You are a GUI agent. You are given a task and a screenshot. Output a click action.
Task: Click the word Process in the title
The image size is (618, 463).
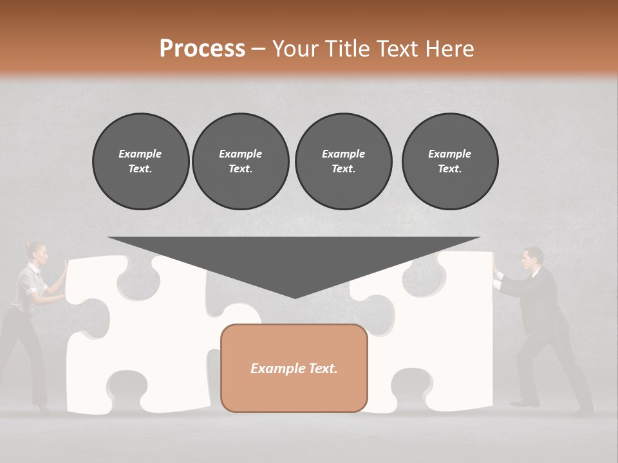202,49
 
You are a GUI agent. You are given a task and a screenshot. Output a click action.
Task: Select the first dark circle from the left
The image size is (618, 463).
140,161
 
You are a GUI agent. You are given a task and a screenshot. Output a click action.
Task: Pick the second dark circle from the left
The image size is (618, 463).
241,161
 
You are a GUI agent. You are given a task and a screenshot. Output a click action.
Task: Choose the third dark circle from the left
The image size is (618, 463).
343,161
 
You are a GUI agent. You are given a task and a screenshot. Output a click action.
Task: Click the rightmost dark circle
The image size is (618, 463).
450,161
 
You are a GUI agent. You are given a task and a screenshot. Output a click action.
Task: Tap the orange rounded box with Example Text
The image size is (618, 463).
294,368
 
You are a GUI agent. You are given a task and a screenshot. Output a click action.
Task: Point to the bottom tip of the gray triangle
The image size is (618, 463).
295,296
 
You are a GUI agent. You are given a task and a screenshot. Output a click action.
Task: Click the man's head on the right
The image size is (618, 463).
532,259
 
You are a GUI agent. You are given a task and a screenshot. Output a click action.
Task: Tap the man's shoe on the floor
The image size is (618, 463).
524,403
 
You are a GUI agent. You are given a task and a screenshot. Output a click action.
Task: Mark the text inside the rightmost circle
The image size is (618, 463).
450,161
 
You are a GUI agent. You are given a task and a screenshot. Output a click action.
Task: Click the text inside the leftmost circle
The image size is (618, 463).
140,161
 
